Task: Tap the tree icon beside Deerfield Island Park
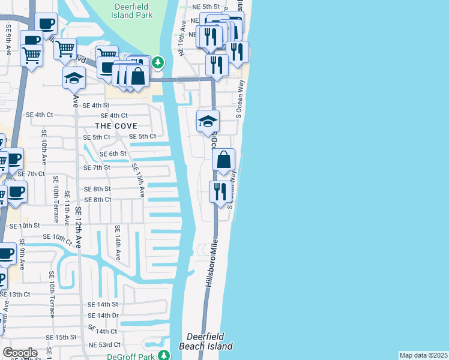point(157,61)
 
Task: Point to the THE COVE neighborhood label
point(116,126)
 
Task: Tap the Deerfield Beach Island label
point(206,341)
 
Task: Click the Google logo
point(20,353)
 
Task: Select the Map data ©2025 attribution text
point(423,355)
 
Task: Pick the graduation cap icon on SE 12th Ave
point(74,79)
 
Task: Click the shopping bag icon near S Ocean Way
point(223,160)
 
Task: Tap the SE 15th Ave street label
point(138,181)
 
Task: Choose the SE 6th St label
point(113,154)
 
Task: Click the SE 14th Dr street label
point(103,315)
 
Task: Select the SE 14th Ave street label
point(118,243)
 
